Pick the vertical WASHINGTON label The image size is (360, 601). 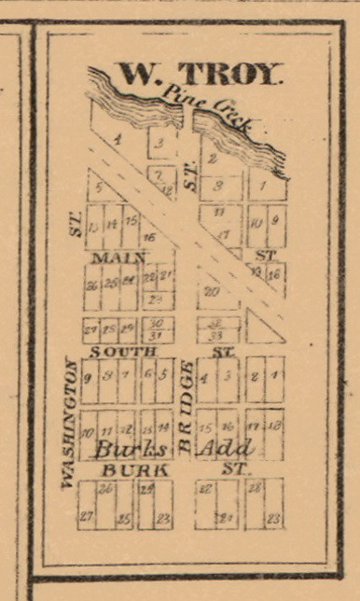click(x=67, y=422)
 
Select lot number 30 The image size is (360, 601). click(x=156, y=322)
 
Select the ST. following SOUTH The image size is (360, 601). click(x=222, y=351)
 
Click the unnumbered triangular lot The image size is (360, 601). click(x=266, y=329)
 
